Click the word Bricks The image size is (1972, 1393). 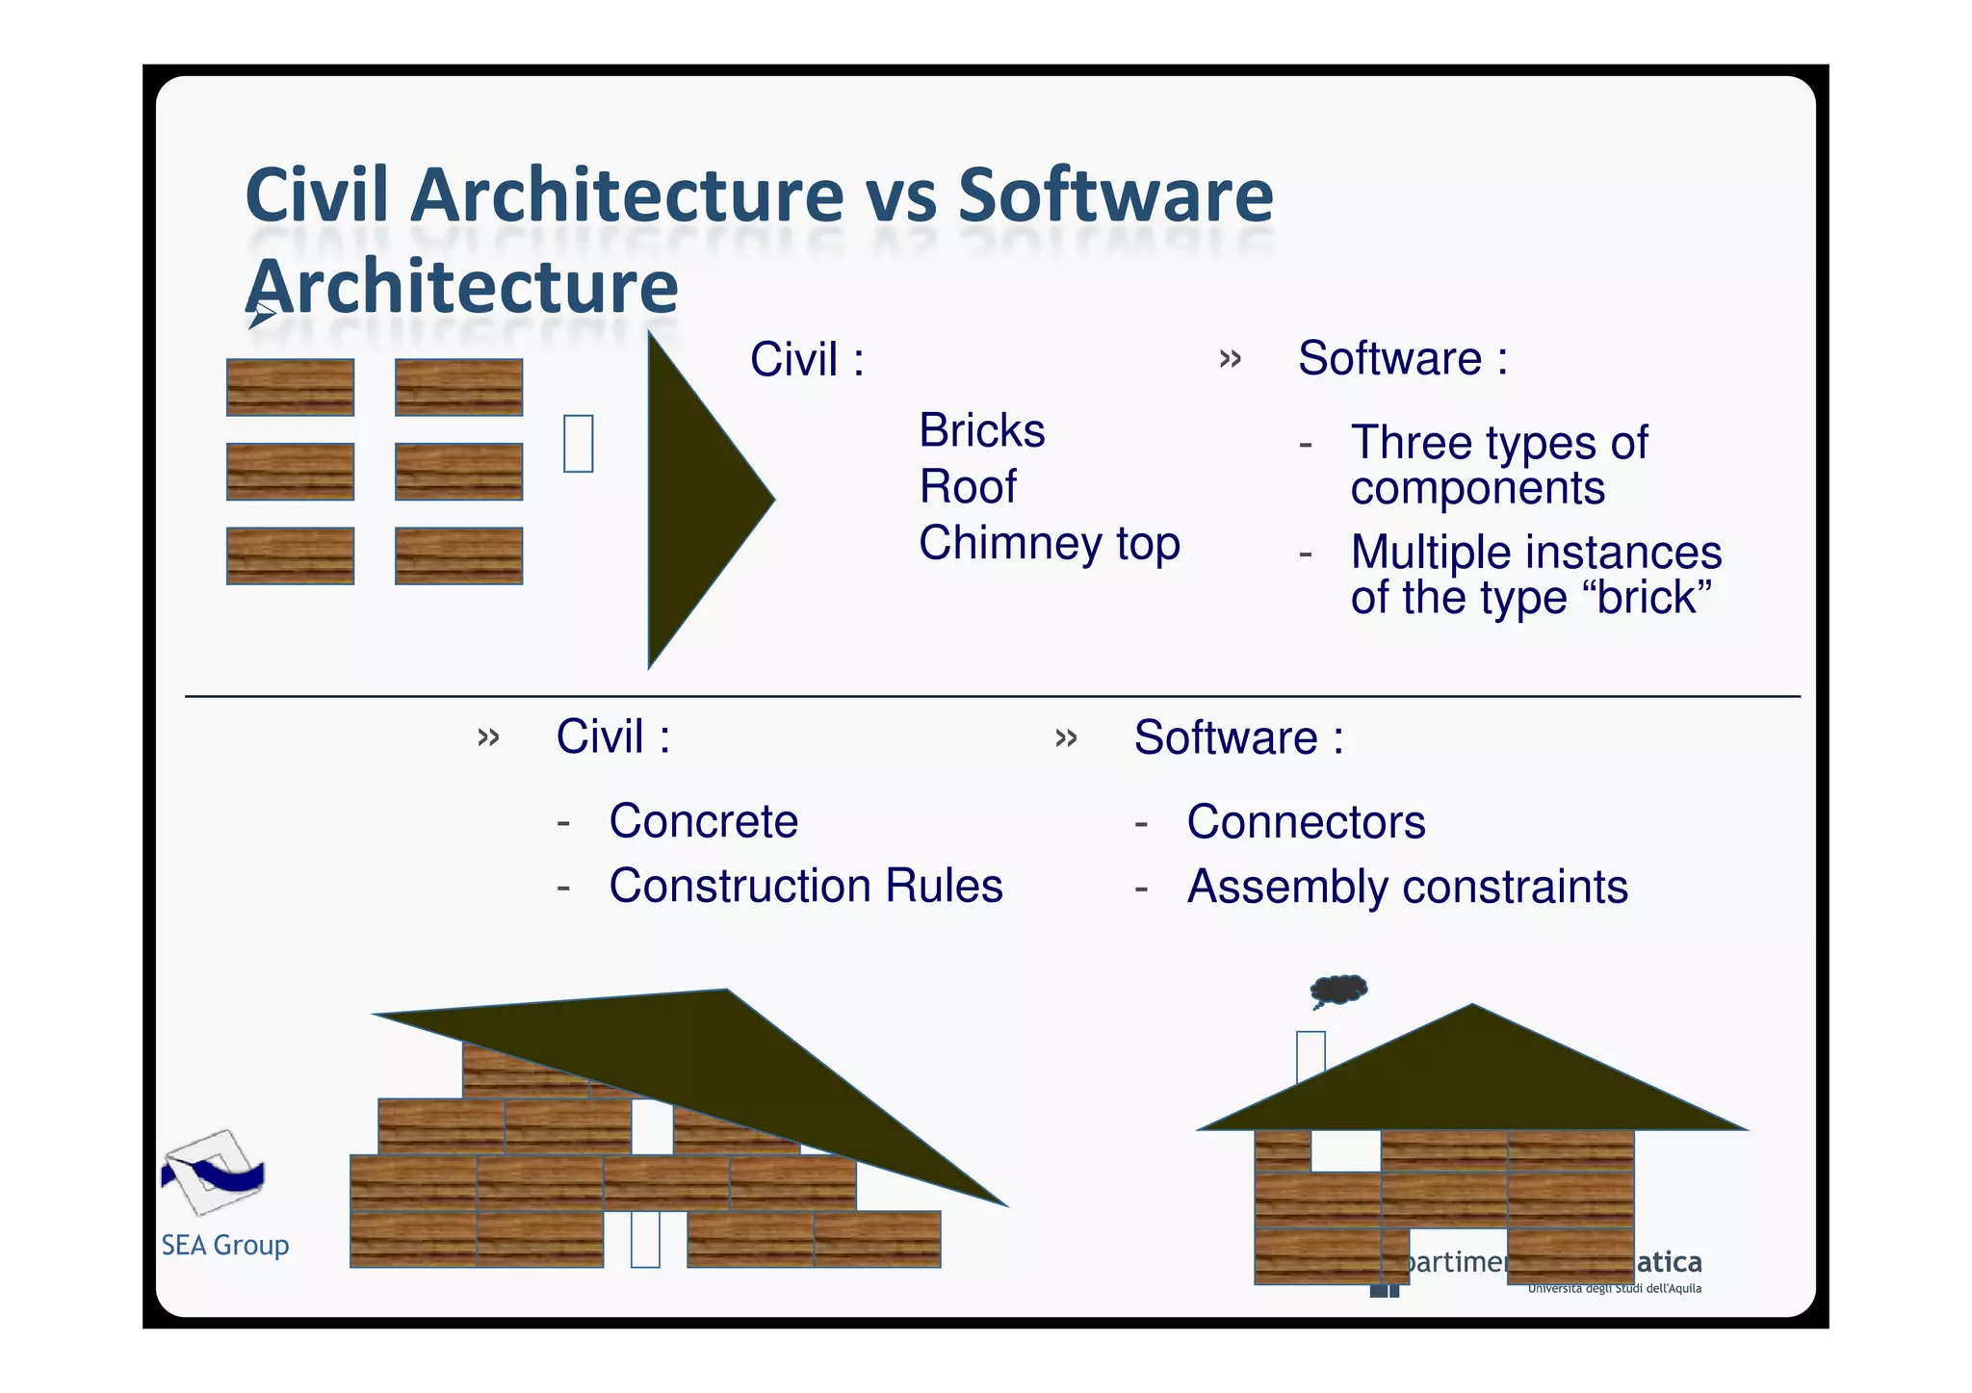(x=981, y=430)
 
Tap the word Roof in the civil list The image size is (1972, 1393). (x=967, y=486)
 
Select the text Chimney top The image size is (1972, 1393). (x=1049, y=543)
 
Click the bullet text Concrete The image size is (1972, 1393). (x=703, y=821)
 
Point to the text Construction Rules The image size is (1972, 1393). (x=806, y=886)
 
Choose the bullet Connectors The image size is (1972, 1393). (x=1305, y=822)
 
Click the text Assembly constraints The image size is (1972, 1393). (x=1407, y=887)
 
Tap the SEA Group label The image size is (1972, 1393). (x=224, y=1246)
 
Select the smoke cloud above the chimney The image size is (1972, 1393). (x=1339, y=989)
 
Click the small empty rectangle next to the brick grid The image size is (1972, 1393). (x=578, y=444)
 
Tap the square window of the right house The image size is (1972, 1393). (x=1345, y=1150)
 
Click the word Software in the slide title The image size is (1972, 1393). (x=1115, y=195)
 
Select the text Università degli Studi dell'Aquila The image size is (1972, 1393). (x=1614, y=1289)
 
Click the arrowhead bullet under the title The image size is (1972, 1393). (x=261, y=315)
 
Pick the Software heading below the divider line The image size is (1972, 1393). (x=1237, y=738)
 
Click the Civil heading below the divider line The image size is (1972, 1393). (x=612, y=737)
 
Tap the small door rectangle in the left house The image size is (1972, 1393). (x=645, y=1239)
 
